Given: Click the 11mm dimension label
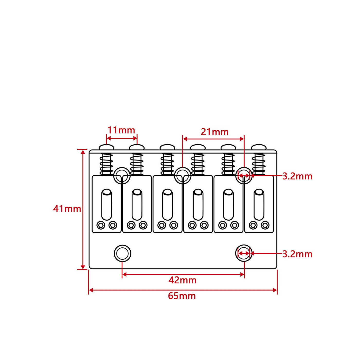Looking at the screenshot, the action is (x=121, y=130).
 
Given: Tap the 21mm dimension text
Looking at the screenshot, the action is (x=215, y=132).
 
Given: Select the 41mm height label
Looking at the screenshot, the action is (x=67, y=209).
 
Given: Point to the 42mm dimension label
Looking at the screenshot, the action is (x=182, y=280).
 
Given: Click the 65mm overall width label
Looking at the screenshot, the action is (x=182, y=296).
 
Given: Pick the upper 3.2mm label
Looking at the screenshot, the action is (x=297, y=176).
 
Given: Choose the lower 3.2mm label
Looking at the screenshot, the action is (x=297, y=254).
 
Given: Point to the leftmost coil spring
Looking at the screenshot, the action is (x=106, y=164).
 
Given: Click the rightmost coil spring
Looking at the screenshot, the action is (x=259, y=164).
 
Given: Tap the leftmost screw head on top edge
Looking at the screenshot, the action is (x=106, y=147).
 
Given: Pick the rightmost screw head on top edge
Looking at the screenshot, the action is (x=259, y=147).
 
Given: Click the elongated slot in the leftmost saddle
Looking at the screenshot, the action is (x=106, y=205).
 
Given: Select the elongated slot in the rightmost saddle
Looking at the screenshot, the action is (x=259, y=205).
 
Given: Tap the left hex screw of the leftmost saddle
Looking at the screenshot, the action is (x=101, y=225).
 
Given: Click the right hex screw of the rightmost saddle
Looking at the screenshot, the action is (x=265, y=225).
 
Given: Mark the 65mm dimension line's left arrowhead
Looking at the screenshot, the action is (x=91, y=290).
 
